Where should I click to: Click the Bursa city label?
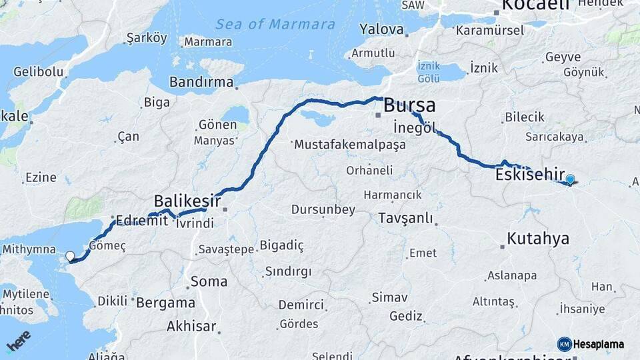click(x=409, y=105)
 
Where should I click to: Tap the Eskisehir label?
click(x=530, y=175)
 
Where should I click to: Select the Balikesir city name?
click(x=187, y=200)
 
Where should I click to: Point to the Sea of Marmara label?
click(x=275, y=25)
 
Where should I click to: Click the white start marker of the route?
click(x=70, y=256)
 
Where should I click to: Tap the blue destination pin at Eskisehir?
click(x=570, y=179)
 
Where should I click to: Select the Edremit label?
click(x=141, y=220)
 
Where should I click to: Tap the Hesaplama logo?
click(x=591, y=344)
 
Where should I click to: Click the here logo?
click(x=18, y=341)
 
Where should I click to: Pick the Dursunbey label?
click(x=323, y=209)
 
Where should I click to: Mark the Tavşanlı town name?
click(x=405, y=218)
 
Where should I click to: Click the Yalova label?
click(x=381, y=29)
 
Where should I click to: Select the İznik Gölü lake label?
click(x=428, y=72)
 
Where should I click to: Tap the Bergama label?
click(x=165, y=302)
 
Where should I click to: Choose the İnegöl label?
click(x=414, y=127)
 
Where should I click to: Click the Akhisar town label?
click(x=191, y=326)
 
